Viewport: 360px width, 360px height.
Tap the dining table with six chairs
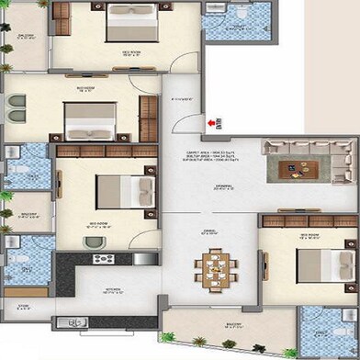[x=210, y=268]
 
